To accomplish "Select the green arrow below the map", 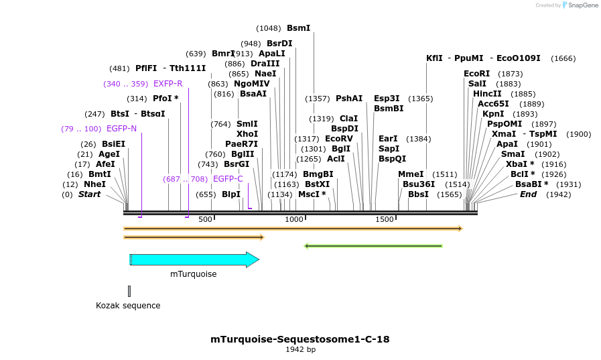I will click(x=373, y=246).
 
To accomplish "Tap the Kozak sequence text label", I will click(x=128, y=306).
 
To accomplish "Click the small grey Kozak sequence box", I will click(x=129, y=291).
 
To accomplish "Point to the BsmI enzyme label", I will click(x=298, y=28).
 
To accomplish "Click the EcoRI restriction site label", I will click(x=476, y=74).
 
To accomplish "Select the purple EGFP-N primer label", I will click(x=121, y=129).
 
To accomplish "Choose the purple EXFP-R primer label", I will click(x=168, y=84).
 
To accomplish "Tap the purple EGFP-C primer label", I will click(x=228, y=179).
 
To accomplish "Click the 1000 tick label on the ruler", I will click(x=294, y=219).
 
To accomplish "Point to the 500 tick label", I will click(x=205, y=219).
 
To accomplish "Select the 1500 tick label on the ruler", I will click(x=385, y=219).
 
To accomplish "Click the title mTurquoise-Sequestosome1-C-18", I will click(x=300, y=339).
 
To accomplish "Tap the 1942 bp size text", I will click(x=300, y=350).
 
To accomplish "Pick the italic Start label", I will click(x=89, y=194).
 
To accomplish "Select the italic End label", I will click(x=528, y=194).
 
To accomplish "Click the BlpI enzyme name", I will click(x=230, y=194).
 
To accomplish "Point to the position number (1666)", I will click(x=563, y=58).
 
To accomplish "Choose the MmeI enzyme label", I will click(x=411, y=174).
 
